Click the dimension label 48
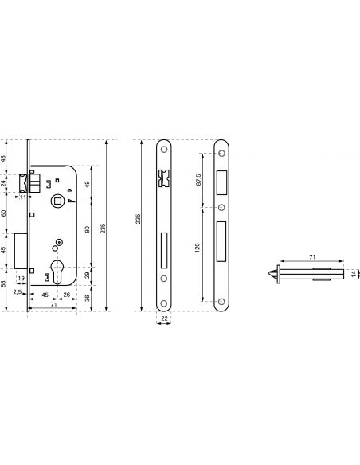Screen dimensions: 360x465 3,158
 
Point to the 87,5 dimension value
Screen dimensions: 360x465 198,180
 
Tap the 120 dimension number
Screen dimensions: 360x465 198,248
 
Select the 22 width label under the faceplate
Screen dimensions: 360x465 164,318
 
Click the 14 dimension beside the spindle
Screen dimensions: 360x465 354,274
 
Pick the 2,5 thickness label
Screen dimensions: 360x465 18,291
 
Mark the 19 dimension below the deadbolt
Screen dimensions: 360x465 21,278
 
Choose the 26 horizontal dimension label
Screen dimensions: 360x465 67,295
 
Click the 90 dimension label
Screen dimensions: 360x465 87,229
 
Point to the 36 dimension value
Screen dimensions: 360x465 87,298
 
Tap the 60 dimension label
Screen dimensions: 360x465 3,213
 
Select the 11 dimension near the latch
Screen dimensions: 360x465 23,197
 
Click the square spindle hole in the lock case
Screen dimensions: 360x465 57,201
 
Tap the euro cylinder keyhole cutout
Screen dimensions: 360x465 57,272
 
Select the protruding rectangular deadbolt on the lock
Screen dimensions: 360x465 21,251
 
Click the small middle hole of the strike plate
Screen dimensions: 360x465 221,207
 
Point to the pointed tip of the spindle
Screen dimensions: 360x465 268,273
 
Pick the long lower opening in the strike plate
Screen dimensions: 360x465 221,241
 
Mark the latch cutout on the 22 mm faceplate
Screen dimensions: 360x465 164,178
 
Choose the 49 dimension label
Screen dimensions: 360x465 87,185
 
